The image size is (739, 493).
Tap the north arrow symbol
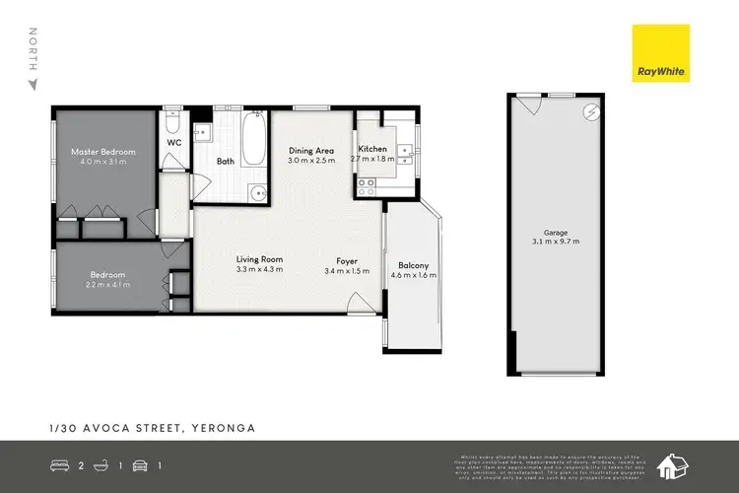coord(33,84)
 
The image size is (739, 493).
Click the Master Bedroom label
coord(102,152)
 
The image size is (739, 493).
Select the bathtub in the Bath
coord(251,141)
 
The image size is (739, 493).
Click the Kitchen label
coord(372,149)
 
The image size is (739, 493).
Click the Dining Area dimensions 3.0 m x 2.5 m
coord(311,161)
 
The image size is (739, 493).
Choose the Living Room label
coord(259,259)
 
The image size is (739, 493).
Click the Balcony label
coord(412,265)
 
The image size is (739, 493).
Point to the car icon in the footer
coord(141,463)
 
